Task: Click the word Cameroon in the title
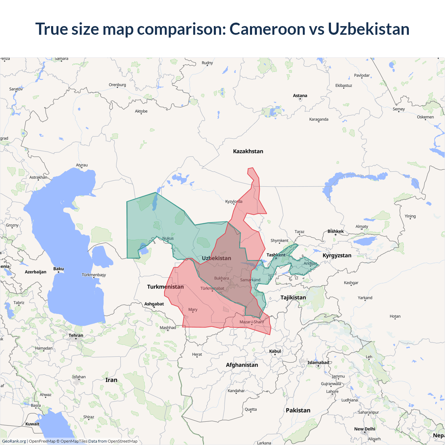267,29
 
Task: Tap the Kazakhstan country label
248,151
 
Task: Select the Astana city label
300,96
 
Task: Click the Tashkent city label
276,255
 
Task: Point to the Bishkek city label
335,231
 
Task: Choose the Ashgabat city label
154,304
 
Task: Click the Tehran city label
76,335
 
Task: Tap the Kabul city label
275,351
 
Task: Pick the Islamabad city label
318,363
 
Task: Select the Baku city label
58,269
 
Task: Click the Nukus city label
168,238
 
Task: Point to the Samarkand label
250,280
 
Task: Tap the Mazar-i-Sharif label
252,322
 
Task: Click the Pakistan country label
298,410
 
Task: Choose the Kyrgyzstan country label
337,256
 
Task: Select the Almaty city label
362,226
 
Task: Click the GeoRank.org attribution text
14,441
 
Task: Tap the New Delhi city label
365,429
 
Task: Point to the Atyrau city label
82,165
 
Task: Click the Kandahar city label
236,391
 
